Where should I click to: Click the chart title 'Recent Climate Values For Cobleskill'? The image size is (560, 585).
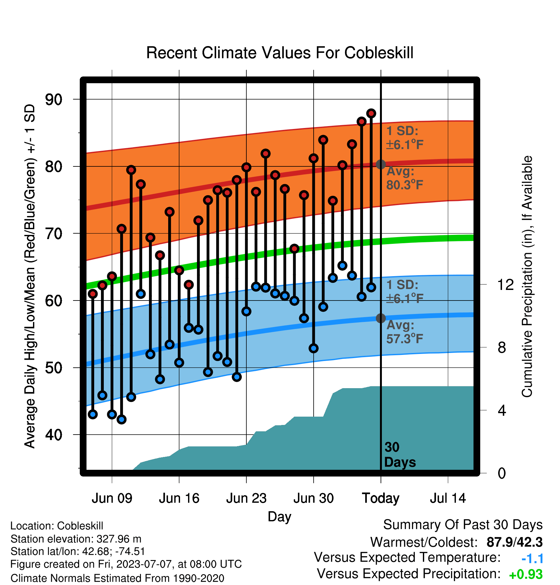[x=280, y=53]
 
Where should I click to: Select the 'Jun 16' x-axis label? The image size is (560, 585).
[x=179, y=498]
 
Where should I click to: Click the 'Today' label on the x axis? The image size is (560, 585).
[x=381, y=499]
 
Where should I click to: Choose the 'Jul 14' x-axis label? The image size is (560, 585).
[x=448, y=498]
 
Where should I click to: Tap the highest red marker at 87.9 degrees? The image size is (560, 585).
[x=371, y=113]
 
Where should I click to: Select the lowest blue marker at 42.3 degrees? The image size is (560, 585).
[x=121, y=419]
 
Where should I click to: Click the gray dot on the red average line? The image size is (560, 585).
[x=381, y=164]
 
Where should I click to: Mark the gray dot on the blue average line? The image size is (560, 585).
[x=381, y=318]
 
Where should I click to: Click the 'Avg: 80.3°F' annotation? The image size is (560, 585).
[x=405, y=178]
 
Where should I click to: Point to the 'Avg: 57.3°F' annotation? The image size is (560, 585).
[x=405, y=332]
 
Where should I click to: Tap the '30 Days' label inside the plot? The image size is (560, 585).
[x=400, y=455]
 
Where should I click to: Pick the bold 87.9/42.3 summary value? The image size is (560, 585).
[x=515, y=542]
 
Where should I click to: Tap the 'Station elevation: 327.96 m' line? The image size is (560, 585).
[x=76, y=539]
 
